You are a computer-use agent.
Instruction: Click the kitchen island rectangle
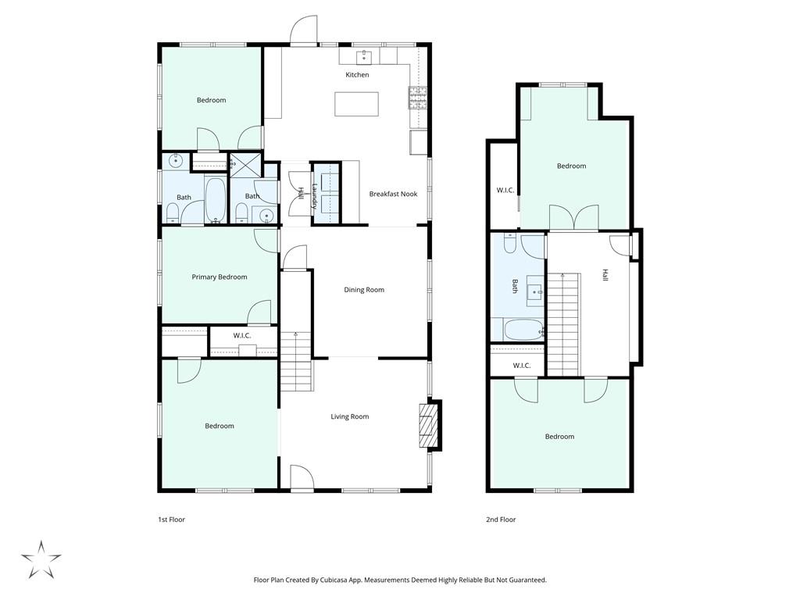[356, 104]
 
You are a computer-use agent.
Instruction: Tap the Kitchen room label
[357, 75]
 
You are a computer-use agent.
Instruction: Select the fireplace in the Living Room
[427, 426]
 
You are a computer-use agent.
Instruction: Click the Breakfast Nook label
[393, 194]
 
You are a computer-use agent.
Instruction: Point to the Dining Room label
[364, 290]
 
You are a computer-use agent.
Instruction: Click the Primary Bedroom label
[220, 277]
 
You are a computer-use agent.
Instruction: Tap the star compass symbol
[41, 559]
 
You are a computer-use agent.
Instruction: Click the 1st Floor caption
[171, 520]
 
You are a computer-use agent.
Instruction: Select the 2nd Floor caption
[501, 520]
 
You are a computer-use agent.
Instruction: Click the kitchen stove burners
[416, 97]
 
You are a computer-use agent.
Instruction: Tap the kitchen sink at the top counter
[364, 56]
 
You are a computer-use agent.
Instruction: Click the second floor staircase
[563, 323]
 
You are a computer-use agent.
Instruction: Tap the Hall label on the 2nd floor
[605, 275]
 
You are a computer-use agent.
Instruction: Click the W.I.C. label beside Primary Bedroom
[241, 336]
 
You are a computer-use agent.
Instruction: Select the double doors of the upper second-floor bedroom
[573, 218]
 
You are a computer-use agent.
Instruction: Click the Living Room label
[349, 416]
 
